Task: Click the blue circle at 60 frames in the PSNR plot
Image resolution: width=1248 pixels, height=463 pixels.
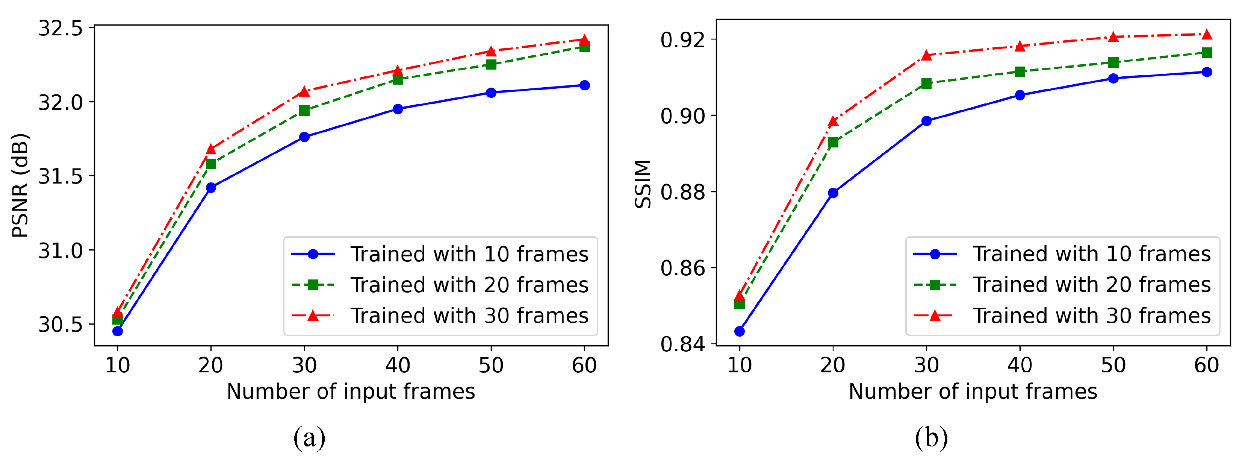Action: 584,85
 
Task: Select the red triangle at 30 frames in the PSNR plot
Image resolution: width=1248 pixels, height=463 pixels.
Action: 304,92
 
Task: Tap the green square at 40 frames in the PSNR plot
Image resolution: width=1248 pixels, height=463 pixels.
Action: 398,79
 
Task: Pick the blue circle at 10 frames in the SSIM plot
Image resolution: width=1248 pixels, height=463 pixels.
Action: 739,331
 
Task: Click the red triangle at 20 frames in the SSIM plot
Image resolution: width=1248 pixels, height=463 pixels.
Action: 833,121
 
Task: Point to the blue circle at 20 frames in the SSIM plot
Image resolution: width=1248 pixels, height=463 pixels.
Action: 833,193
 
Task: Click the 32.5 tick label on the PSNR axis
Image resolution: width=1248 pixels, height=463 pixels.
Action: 61,29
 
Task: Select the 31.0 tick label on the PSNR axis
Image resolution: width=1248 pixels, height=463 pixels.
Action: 61,250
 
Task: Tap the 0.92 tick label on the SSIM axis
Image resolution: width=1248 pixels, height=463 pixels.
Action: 682,40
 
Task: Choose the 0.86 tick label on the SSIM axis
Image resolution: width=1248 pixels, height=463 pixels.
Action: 682,268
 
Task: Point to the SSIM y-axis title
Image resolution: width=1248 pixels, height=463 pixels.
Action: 643,184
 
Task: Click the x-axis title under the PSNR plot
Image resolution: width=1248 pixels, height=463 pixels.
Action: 351,391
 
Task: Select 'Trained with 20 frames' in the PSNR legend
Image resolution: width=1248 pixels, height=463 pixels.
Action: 469,285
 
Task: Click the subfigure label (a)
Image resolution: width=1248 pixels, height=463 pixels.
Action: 309,437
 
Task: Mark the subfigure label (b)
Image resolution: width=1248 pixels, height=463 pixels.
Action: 931,437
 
